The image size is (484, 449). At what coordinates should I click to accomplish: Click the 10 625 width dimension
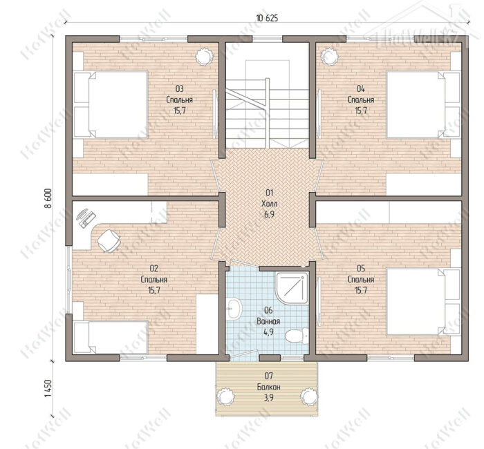267,18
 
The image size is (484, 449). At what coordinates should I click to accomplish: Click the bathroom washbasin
234,309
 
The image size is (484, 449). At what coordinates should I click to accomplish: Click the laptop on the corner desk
86,218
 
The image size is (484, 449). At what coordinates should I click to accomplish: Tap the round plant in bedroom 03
204,56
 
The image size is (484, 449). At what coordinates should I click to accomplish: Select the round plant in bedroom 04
330,56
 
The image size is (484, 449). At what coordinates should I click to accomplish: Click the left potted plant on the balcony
225,397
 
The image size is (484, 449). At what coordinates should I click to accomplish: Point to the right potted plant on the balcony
309,397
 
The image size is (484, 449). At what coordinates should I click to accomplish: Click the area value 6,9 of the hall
269,215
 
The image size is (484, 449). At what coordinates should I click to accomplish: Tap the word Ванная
268,321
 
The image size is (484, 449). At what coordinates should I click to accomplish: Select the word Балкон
269,387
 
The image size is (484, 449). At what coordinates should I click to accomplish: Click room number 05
361,268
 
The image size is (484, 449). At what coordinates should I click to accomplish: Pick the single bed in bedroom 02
111,337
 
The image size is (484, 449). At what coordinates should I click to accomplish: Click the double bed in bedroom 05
423,302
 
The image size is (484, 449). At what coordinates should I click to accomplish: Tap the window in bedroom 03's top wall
153,39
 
